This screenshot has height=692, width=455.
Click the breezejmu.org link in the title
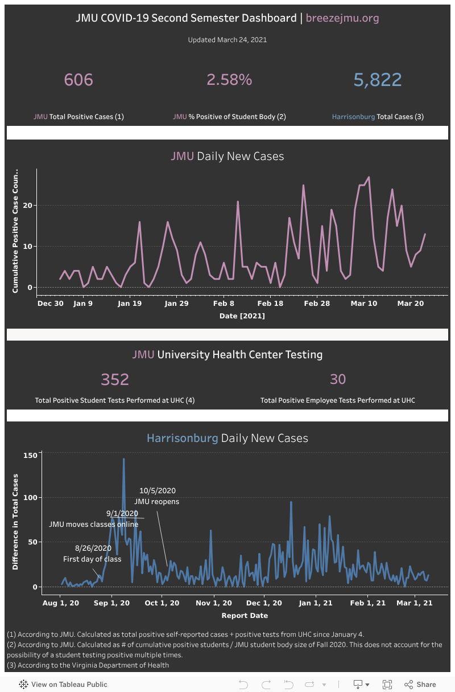coord(342,18)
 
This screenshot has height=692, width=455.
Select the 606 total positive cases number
coord(78,80)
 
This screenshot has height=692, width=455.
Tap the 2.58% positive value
coord(229,80)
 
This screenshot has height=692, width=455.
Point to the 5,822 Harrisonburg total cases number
coord(378,80)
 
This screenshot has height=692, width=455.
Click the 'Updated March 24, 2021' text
coord(227,40)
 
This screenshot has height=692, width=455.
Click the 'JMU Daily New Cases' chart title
coord(227,156)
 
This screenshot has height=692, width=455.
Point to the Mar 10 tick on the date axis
coord(364,304)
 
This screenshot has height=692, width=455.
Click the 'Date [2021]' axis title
coord(242,316)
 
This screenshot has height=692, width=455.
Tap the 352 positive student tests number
coord(115,379)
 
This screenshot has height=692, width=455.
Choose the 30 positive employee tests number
coord(338,379)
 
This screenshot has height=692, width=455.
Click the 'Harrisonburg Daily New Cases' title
coord(227,438)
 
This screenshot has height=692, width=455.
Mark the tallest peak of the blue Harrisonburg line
coord(123,459)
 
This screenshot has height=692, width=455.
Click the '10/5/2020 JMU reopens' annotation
coord(157,496)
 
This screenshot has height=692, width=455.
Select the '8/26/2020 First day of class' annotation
coord(93,553)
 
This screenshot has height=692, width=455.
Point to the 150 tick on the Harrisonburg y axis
coord(30,455)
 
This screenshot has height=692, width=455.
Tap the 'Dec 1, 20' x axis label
coord(264,603)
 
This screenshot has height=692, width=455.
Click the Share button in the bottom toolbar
coord(420,684)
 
